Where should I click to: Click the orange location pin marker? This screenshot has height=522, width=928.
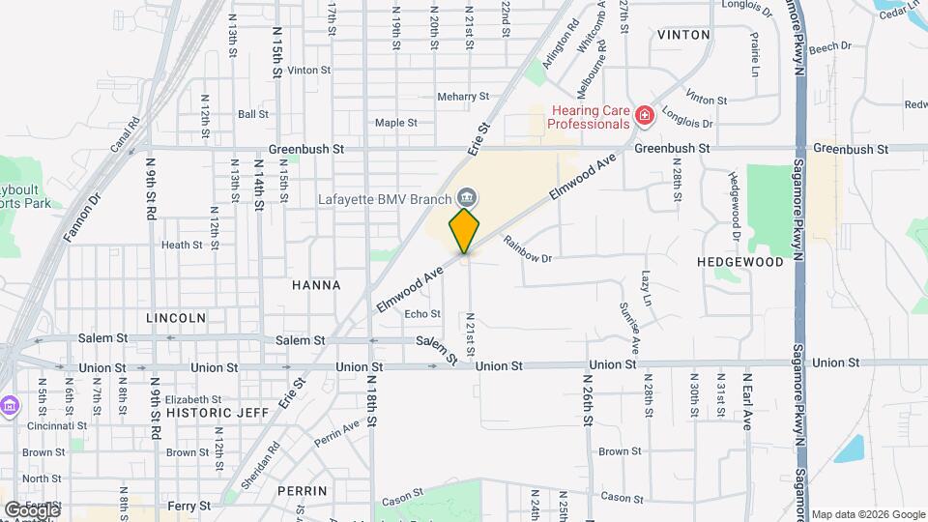[x=465, y=230]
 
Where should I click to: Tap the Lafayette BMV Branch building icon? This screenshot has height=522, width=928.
[x=467, y=198]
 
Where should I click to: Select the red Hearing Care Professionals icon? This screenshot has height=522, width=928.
[x=644, y=117]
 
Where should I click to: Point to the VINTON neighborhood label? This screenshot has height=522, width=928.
[x=683, y=35]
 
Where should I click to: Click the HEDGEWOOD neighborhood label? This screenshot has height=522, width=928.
[x=740, y=262]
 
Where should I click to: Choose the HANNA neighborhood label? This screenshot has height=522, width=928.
[x=316, y=285]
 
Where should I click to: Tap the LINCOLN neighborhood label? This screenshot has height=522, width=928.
[x=176, y=317]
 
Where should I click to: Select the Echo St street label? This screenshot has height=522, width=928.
[x=422, y=314]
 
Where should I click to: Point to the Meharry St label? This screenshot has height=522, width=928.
[x=463, y=97]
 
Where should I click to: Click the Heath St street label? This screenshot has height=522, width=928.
[x=182, y=246]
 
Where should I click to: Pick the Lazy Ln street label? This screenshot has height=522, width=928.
[x=647, y=287]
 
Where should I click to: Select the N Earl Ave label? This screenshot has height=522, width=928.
[x=747, y=401]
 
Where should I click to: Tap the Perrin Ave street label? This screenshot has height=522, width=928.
[x=336, y=432]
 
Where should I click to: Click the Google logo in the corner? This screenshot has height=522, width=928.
[x=32, y=509]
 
